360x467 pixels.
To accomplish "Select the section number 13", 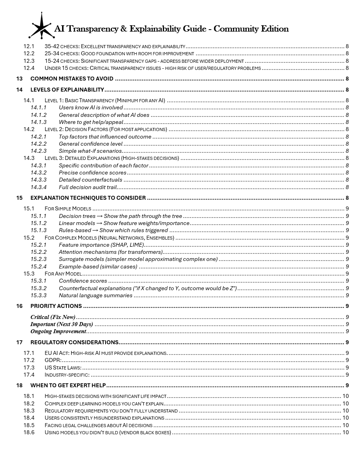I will coord(19,79).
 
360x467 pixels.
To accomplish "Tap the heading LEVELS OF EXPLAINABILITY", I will coord(67,90).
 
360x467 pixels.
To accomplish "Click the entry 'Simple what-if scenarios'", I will coord(90,151).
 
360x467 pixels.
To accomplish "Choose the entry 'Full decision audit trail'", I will coord(88,187).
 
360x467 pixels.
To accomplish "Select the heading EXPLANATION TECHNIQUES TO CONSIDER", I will coord(88,198).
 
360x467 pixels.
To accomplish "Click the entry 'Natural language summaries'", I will coord(95,295).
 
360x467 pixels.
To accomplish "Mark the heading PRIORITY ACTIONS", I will coord(56,306).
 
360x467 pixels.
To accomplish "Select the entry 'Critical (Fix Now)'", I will coord(53,317).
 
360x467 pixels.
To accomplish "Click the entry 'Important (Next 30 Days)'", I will coord(62,324).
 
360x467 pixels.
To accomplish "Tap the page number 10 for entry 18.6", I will coord(345,432).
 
